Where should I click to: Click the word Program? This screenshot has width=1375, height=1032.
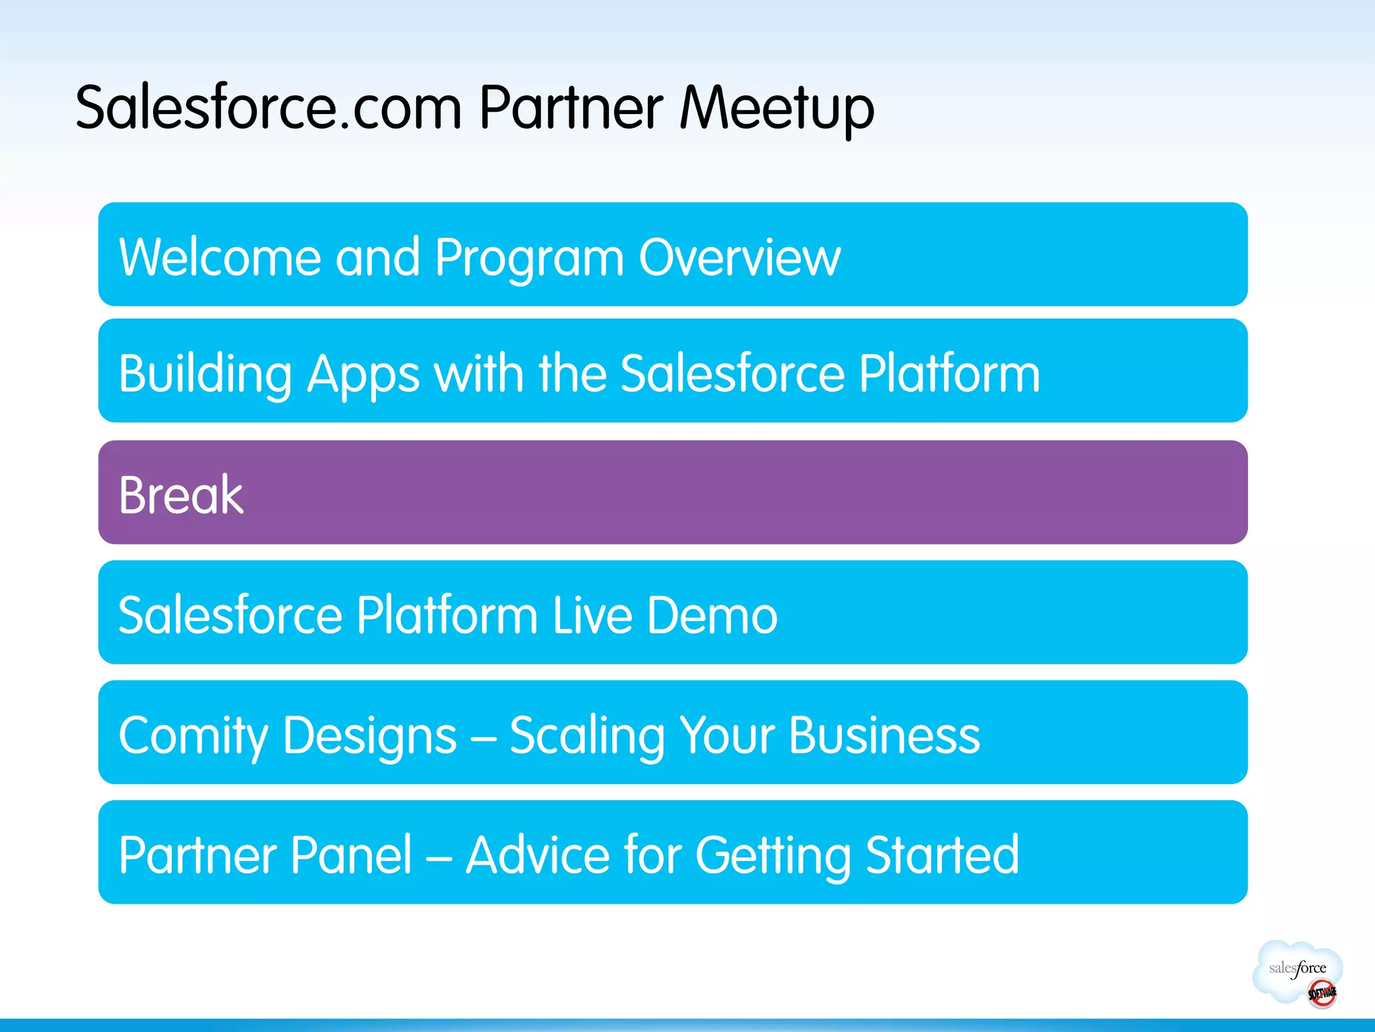click(529, 259)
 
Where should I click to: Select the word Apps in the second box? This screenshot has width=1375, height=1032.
click(363, 375)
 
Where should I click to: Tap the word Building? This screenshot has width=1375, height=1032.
click(205, 375)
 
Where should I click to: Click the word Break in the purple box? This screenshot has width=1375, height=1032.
click(181, 495)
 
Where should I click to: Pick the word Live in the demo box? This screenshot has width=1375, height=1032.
click(592, 615)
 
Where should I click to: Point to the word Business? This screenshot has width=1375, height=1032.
click(884, 735)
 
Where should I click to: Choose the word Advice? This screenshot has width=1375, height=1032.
click(538, 855)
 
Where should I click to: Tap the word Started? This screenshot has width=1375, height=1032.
click(942, 855)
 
